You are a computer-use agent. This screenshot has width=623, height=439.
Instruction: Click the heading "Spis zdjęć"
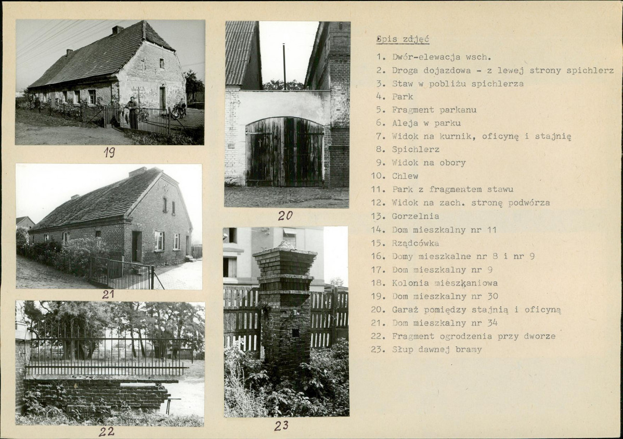(403, 40)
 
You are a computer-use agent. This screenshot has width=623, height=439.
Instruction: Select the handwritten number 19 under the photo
(110, 152)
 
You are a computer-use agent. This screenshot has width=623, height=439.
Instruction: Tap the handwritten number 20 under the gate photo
(285, 216)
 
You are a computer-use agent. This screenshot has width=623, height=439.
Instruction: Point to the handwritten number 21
(108, 294)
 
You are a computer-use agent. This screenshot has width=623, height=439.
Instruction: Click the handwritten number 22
(106, 431)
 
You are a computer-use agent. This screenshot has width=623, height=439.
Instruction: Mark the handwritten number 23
(281, 426)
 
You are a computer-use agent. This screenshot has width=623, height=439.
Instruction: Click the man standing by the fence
(132, 113)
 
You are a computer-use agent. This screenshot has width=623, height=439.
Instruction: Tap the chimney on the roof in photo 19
(117, 30)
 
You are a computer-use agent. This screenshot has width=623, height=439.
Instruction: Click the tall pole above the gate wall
(284, 67)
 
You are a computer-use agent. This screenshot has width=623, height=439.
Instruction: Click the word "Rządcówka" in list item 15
(415, 243)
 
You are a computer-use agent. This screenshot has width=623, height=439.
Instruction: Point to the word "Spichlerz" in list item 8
(416, 150)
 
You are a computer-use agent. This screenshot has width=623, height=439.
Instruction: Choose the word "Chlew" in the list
(405, 176)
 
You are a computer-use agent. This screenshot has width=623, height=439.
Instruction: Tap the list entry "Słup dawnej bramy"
(437, 350)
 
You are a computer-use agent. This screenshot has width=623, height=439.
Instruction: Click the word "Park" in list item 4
(403, 97)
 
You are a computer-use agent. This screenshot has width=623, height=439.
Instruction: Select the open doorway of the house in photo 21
(137, 247)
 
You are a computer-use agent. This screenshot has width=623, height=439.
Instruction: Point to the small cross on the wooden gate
(260, 142)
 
